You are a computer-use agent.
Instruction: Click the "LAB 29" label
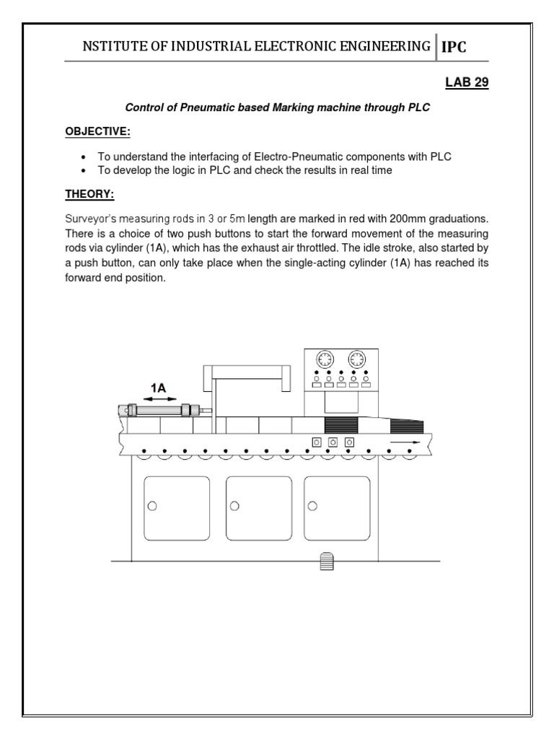pos(467,83)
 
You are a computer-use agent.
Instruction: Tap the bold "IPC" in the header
pos(454,47)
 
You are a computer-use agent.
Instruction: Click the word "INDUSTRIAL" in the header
pos(208,47)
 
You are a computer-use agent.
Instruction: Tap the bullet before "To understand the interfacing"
pos(84,157)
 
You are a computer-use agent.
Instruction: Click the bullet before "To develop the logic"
pos(84,170)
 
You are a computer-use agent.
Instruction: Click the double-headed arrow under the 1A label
pos(158,399)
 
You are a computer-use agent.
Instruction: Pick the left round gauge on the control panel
pos(324,359)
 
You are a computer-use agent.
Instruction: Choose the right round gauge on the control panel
pos(356,359)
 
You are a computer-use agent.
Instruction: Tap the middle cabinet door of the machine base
pos(259,509)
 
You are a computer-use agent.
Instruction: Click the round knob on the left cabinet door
pos(152,507)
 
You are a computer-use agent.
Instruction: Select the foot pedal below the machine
pos(324,562)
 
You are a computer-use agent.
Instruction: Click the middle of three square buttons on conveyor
pos(333,442)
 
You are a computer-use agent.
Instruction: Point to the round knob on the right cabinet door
pos(312,507)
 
